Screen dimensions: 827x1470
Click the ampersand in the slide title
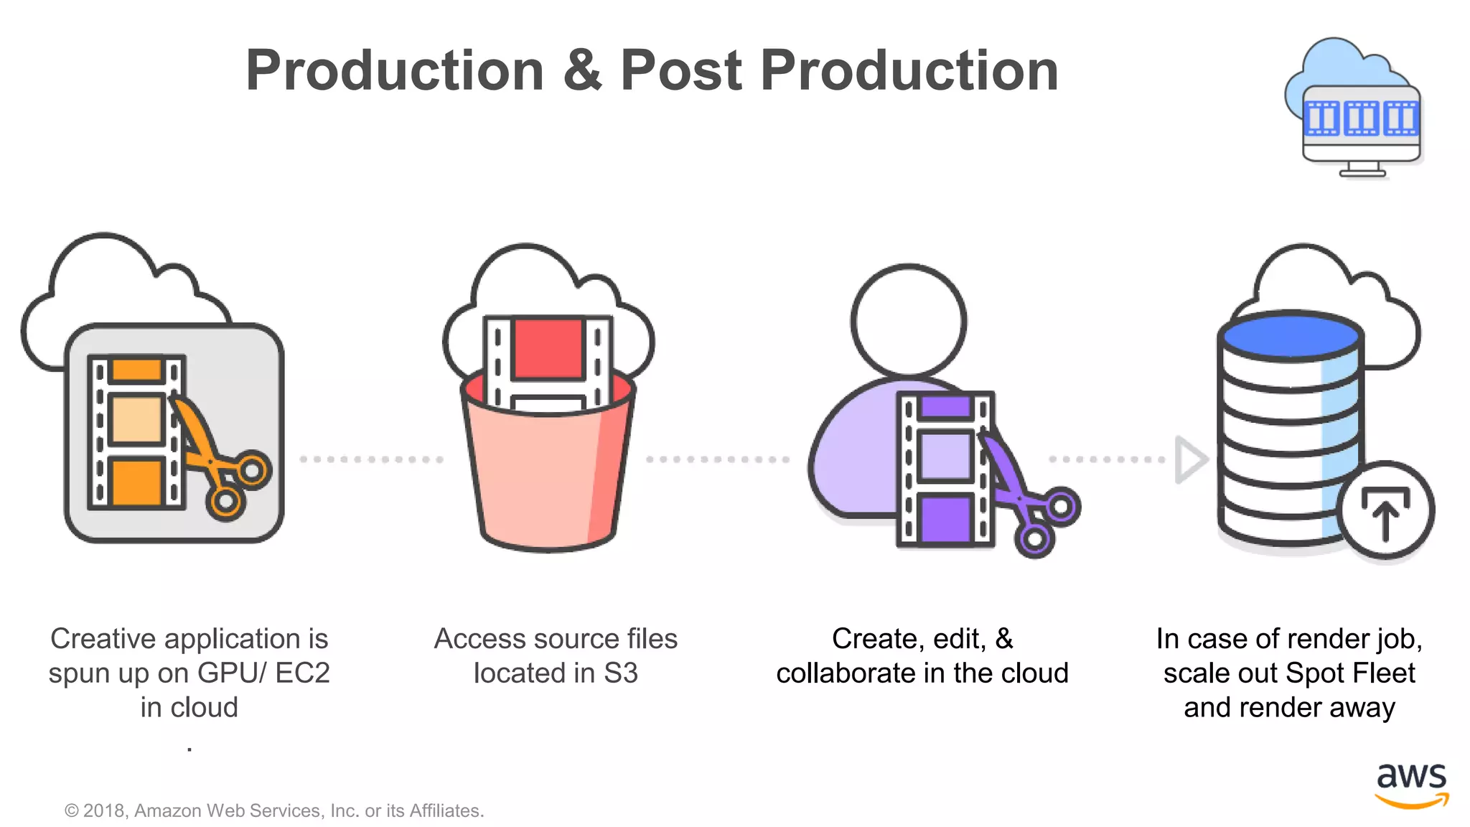click(x=582, y=70)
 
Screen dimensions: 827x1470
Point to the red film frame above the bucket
click(x=547, y=347)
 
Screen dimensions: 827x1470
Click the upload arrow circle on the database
click(x=1385, y=510)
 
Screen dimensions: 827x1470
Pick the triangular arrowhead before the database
click(x=1190, y=459)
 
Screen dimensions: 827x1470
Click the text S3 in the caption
click(x=620, y=673)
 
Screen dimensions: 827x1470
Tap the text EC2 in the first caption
click(x=302, y=673)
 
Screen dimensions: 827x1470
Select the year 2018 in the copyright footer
click(x=105, y=810)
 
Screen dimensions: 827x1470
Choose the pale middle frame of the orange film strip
click(x=136, y=420)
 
